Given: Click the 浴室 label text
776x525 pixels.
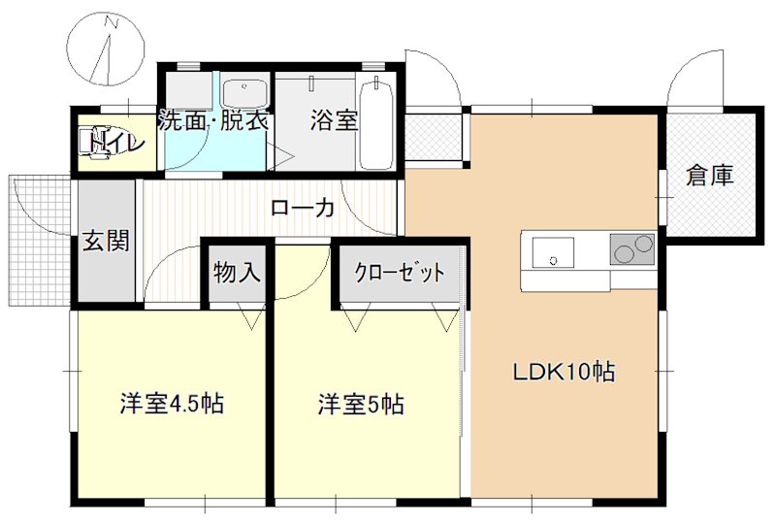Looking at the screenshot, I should click(334, 121).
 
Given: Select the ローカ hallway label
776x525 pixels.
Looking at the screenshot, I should click(302, 207).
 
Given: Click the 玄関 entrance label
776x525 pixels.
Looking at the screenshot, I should click(106, 240).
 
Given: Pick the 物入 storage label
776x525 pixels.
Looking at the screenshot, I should click(237, 273).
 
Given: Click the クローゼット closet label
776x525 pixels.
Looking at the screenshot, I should click(400, 273).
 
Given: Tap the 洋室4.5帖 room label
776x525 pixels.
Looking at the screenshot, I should click(172, 404).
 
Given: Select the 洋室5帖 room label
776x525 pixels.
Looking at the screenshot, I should click(362, 404).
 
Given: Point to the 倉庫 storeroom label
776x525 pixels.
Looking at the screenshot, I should click(709, 176).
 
